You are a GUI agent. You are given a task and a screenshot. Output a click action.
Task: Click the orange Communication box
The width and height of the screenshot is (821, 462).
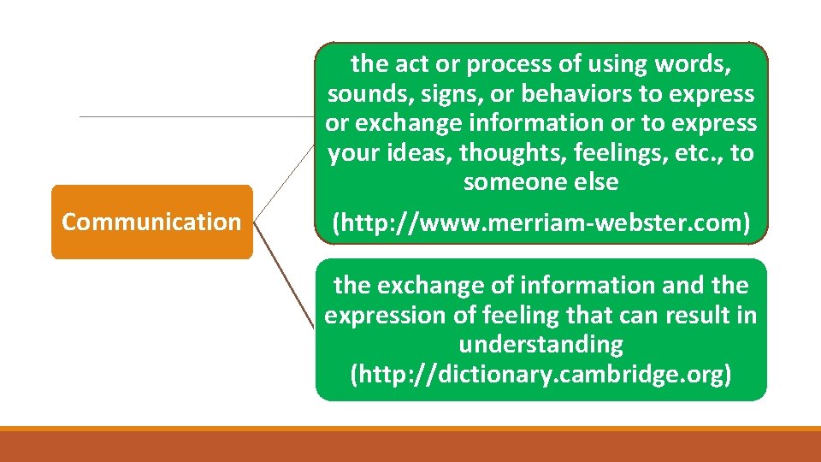[x=152, y=222]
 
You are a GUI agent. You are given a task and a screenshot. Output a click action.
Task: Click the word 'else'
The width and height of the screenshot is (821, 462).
[x=593, y=182]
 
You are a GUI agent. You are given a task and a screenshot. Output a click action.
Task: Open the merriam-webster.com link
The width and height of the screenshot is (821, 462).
[x=540, y=223]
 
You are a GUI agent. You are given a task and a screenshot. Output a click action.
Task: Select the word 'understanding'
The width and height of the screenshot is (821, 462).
[x=540, y=345]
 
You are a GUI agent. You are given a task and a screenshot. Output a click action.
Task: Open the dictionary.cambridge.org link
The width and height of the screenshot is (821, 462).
[x=540, y=375]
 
